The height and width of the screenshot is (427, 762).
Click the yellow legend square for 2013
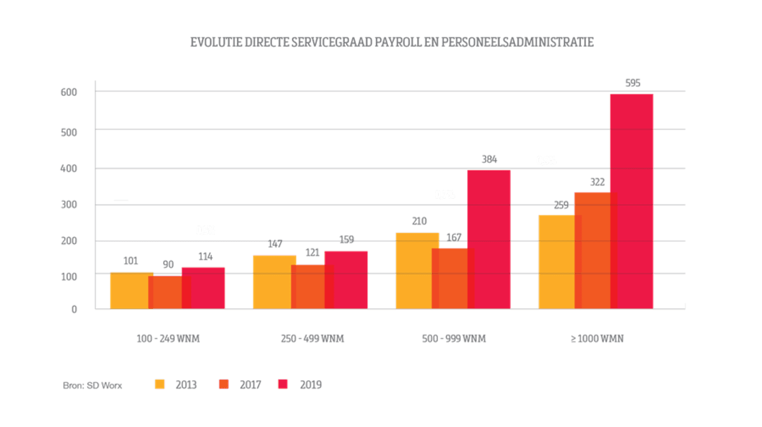(159, 384)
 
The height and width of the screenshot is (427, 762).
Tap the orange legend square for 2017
(223, 384)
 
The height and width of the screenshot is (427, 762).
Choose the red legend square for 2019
(283, 384)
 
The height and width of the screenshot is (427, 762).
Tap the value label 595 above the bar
(632, 83)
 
